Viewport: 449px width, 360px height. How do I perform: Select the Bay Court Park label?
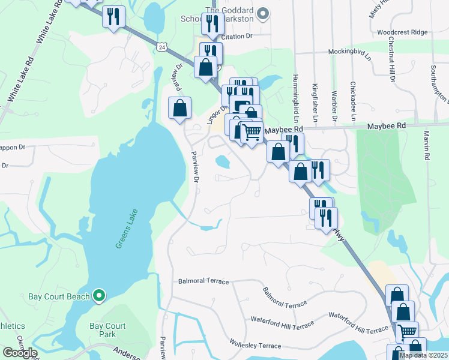(x=107, y=330)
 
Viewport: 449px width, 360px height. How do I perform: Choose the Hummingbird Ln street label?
(x=295, y=95)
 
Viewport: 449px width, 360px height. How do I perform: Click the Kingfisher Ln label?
(x=315, y=99)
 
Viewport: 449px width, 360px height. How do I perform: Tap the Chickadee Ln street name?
(x=353, y=99)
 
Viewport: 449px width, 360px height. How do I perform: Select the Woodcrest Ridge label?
(x=403, y=31)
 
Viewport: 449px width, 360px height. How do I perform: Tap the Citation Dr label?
(x=237, y=37)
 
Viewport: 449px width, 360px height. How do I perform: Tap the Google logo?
(x=19, y=353)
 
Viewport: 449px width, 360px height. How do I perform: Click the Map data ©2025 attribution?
(x=423, y=355)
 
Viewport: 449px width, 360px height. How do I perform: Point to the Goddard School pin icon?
(x=262, y=13)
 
